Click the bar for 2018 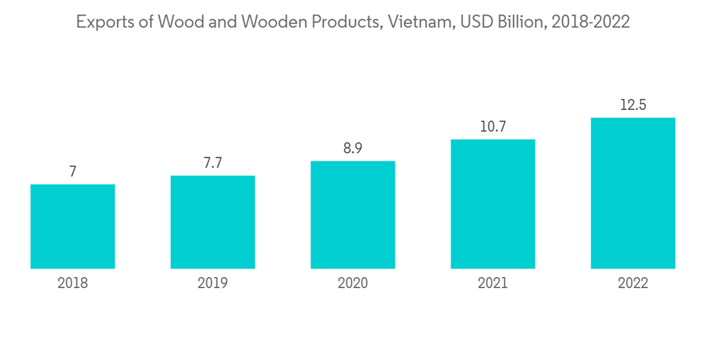[73, 226]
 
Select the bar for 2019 [213, 222]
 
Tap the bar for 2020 [353, 215]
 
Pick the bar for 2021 [493, 204]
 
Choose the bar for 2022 [633, 194]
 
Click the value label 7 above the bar [73, 171]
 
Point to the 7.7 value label [213, 163]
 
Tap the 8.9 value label [353, 149]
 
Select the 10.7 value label [493, 127]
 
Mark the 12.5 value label [633, 105]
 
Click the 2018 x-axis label [73, 284]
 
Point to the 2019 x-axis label [213, 284]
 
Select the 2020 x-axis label [353, 284]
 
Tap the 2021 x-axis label [493, 284]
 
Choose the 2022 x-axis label [633, 284]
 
